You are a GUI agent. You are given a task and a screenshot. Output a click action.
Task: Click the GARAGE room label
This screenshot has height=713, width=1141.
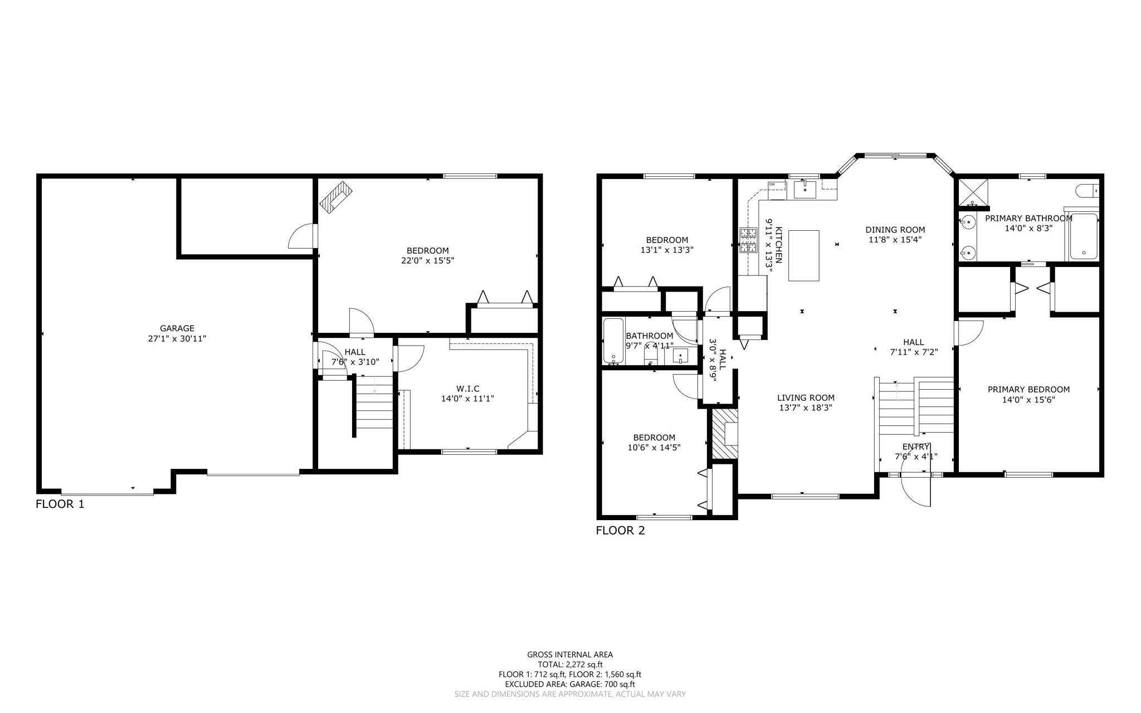(177, 328)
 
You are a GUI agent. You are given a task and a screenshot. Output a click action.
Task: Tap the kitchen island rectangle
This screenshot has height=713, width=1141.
(803, 255)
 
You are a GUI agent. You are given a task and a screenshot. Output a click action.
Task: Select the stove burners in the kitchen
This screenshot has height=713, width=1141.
(748, 240)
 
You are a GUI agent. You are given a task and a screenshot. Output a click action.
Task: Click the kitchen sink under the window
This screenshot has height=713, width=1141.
(804, 190)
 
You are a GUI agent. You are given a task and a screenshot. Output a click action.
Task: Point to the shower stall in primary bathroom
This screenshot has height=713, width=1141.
(973, 191)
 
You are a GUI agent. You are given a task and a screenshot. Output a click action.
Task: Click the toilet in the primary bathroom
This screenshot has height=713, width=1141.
(1087, 191)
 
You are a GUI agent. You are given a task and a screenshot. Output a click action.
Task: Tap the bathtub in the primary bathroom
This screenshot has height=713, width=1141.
(1083, 237)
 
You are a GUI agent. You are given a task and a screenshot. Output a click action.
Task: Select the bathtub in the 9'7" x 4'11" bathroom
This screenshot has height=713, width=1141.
(613, 340)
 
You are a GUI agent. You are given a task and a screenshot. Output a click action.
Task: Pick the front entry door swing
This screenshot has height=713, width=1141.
(916, 489)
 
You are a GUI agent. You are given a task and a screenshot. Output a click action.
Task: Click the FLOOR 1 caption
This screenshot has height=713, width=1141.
(60, 504)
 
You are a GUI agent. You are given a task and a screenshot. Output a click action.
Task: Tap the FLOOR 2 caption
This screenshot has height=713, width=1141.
(620, 530)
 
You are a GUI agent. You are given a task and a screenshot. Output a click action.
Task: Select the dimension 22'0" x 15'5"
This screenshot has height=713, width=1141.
(427, 260)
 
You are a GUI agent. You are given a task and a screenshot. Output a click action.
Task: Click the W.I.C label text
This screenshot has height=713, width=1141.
(467, 389)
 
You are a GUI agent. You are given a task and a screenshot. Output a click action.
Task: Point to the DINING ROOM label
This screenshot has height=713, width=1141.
(895, 230)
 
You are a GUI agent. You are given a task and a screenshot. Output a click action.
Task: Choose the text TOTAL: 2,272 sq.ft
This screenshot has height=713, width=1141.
(570, 665)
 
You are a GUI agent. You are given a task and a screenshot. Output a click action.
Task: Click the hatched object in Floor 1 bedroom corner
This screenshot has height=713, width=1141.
(336, 197)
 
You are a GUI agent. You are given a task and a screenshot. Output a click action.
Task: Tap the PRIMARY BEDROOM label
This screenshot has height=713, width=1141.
(1028, 390)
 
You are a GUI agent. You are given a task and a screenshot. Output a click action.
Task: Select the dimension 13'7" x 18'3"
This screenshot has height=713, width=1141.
(806, 408)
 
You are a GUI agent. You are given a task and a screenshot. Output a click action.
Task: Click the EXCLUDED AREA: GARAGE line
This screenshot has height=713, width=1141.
(570, 684)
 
